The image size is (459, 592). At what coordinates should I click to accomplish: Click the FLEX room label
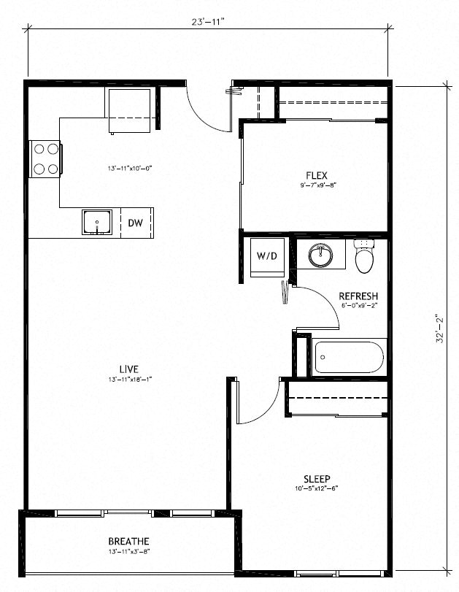click(317, 175)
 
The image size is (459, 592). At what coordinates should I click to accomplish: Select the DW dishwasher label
click(135, 223)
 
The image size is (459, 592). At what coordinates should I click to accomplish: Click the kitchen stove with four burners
click(45, 158)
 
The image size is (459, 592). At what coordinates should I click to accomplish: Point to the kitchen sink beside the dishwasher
click(96, 222)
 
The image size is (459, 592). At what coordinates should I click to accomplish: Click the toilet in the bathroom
click(363, 256)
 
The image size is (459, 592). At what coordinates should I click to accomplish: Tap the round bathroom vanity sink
click(320, 255)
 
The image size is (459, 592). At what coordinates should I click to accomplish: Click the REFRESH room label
click(358, 296)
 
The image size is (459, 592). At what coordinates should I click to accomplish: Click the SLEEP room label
click(317, 479)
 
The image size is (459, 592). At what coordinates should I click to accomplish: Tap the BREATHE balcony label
click(128, 541)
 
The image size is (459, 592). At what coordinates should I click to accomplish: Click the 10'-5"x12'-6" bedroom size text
click(317, 489)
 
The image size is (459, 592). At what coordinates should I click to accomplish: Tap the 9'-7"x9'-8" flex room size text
click(317, 185)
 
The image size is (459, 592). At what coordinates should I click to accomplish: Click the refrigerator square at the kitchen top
click(130, 109)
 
